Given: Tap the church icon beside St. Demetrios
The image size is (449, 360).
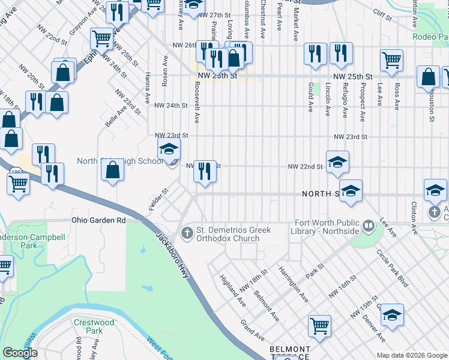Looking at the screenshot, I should click(187, 232).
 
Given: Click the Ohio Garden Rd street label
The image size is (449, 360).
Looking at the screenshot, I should click(98, 220).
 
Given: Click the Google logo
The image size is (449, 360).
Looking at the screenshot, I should click(20, 353).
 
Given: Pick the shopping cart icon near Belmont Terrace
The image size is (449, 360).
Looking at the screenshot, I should click(319, 326).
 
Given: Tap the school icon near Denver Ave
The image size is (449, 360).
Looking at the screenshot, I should click(392, 314).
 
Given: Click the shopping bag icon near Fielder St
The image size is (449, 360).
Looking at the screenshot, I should click(112, 170).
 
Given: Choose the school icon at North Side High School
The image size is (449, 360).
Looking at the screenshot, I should click(169, 149).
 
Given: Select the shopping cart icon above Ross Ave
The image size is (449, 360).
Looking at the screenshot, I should click(391, 59).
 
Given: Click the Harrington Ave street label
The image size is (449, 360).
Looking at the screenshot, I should click(294, 283).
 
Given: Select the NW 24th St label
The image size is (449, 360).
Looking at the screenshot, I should click(171, 106).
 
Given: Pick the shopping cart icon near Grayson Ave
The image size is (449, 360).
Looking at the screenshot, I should click(101, 39).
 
